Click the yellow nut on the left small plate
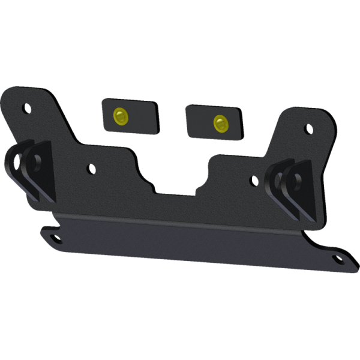click(x=121, y=115)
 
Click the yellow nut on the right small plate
click(x=220, y=123)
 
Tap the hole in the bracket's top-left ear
click(x=26, y=109)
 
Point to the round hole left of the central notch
click(x=91, y=169)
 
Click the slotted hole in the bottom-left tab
click(x=55, y=239)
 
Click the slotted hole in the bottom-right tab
click(x=338, y=259)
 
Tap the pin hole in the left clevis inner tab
click(x=37, y=161)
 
